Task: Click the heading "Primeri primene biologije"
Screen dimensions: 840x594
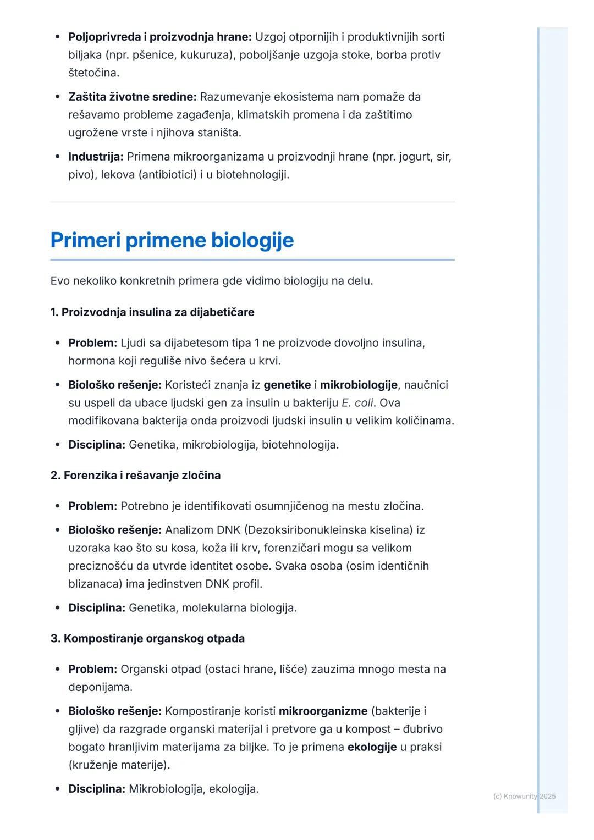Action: click(172, 240)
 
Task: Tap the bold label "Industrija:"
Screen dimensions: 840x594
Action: click(96, 157)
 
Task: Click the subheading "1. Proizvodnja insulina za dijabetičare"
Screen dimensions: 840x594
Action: click(152, 312)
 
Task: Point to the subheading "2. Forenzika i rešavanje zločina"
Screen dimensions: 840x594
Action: click(135, 476)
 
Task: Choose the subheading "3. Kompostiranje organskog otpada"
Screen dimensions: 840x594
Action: click(147, 639)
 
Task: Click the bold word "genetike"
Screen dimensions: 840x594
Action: click(287, 385)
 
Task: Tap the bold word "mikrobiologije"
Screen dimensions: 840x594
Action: click(359, 385)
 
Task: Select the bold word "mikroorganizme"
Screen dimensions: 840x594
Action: click(323, 711)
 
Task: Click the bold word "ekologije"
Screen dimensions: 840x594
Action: click(372, 747)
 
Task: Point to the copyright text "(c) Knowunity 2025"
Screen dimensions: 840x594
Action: click(524, 796)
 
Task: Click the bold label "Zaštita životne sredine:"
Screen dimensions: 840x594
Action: click(132, 97)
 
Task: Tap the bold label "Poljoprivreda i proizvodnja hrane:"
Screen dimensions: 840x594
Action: click(159, 37)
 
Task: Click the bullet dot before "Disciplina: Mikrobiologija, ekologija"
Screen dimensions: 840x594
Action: click(58, 789)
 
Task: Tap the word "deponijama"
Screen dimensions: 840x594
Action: click(100, 687)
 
